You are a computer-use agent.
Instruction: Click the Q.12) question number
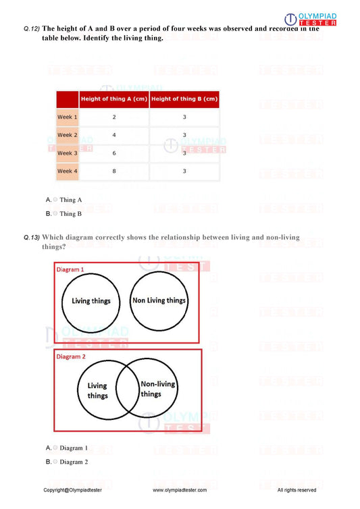click(x=32, y=29)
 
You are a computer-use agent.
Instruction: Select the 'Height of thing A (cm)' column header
click(x=113, y=99)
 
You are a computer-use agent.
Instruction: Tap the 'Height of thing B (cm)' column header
click(x=184, y=99)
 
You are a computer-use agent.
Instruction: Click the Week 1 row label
click(x=67, y=117)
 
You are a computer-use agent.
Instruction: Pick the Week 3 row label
click(x=67, y=153)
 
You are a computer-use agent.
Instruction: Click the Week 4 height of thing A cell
click(x=113, y=171)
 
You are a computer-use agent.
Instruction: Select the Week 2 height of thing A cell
click(x=113, y=135)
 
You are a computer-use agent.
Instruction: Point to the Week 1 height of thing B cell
click(x=184, y=117)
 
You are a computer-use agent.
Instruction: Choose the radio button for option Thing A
click(x=55, y=200)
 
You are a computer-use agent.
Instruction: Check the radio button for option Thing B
click(x=55, y=213)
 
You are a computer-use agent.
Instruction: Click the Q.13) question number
click(x=32, y=238)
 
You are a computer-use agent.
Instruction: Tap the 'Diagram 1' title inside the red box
click(x=70, y=269)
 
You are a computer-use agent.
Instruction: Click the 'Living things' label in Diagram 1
click(x=91, y=301)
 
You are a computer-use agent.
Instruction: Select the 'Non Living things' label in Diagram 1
click(x=159, y=300)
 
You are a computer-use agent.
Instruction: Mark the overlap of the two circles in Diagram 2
click(x=126, y=388)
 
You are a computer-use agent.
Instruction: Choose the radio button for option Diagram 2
click(x=55, y=462)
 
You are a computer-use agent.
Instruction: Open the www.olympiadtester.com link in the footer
click(x=180, y=489)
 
